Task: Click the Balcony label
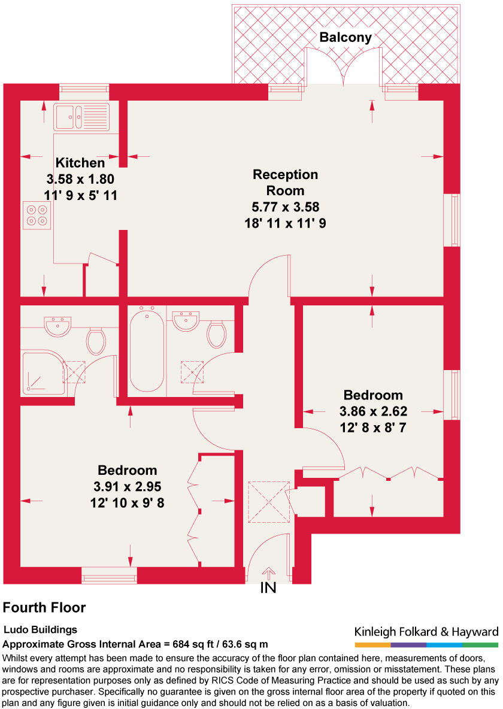pyautogui.click(x=345, y=37)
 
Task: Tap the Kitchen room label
pyautogui.click(x=80, y=162)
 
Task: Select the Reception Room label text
pyautogui.click(x=285, y=183)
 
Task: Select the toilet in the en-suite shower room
pyautogui.click(x=96, y=340)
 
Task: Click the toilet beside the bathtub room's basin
pyautogui.click(x=216, y=334)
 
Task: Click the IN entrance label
pyautogui.click(x=268, y=588)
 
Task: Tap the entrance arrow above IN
pyautogui.click(x=268, y=573)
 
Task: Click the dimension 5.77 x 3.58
pyautogui.click(x=285, y=207)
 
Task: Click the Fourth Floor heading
pyautogui.click(x=44, y=608)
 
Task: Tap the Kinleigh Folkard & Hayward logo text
pyautogui.click(x=426, y=632)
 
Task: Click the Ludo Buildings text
pyautogui.click(x=41, y=630)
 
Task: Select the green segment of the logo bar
pyautogui.click(x=480, y=645)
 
